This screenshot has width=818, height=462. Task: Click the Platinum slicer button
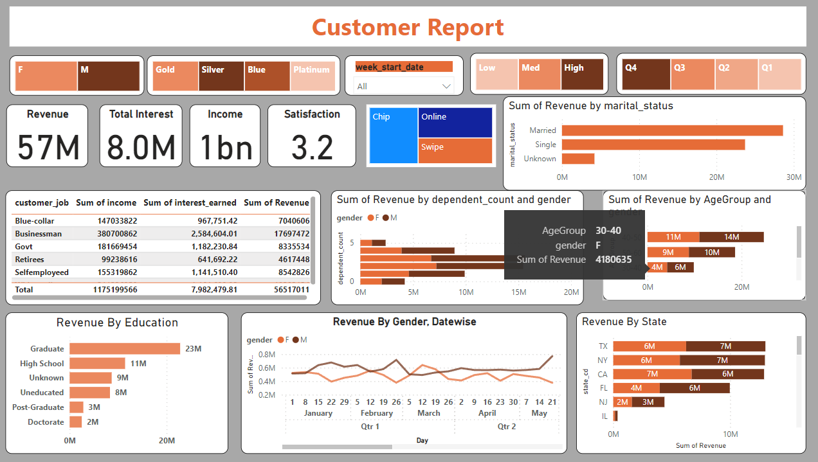click(x=313, y=76)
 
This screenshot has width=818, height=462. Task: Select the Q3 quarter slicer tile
click(x=693, y=75)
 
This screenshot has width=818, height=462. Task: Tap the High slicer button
click(x=582, y=75)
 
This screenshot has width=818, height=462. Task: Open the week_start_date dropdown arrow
click(x=446, y=86)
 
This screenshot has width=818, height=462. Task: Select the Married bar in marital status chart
click(x=672, y=130)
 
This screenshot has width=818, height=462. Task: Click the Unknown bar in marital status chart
click(x=577, y=159)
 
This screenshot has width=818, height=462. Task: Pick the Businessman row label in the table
click(x=39, y=234)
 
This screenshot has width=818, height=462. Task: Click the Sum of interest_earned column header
click(x=190, y=202)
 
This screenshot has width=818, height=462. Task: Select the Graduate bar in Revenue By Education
click(x=125, y=349)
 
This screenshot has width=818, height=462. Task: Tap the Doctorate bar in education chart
click(x=76, y=422)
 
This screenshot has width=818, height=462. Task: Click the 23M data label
click(x=194, y=349)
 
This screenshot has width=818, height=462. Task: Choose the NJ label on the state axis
click(x=603, y=402)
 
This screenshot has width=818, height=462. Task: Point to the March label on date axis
click(x=428, y=413)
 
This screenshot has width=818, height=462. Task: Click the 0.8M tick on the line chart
click(x=266, y=354)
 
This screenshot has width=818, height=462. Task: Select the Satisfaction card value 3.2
click(x=312, y=147)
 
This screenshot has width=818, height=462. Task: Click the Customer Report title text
click(x=408, y=27)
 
